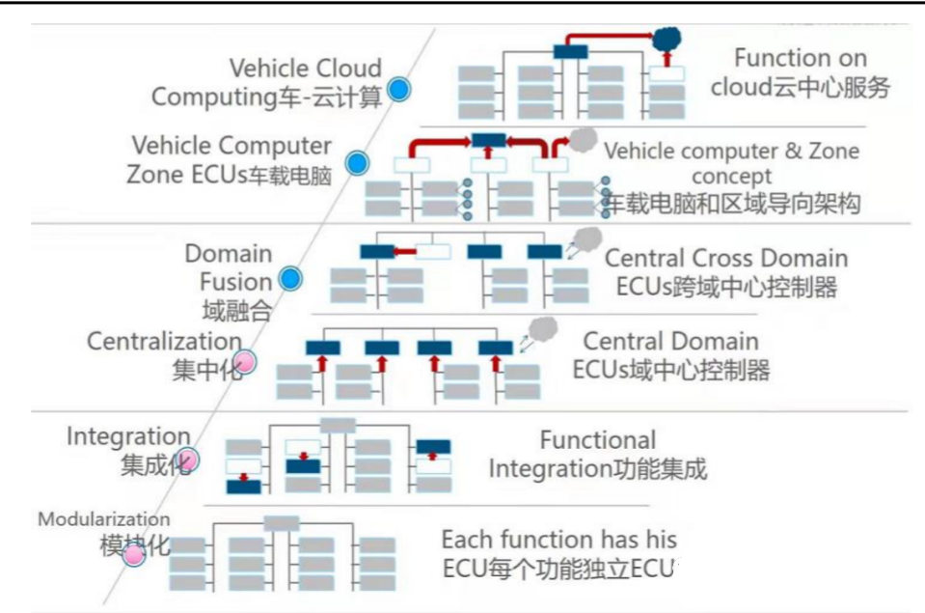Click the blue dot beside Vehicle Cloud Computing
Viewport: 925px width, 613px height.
coord(399,90)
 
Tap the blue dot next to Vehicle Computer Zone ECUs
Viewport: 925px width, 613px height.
coord(357,163)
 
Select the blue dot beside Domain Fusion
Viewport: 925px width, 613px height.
coord(290,279)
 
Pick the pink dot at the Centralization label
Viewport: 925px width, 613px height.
coord(244,361)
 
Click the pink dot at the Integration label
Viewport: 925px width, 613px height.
coord(187,460)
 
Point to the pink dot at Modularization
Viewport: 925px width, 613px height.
coord(134,554)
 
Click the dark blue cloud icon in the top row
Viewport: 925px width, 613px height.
coord(667,40)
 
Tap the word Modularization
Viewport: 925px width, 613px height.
coord(104,519)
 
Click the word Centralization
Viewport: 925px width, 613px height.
coord(165,341)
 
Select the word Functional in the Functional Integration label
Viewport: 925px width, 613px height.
coord(598,440)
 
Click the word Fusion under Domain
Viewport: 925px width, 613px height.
coord(236,282)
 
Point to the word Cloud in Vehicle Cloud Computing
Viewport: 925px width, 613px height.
coord(347,68)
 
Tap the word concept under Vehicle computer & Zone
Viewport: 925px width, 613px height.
coord(731,176)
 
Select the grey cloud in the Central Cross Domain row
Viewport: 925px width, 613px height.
coord(587,239)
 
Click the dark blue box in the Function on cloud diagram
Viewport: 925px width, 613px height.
coord(570,52)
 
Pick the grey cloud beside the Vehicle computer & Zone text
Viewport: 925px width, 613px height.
coord(583,140)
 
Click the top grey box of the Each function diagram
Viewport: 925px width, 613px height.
coord(282,523)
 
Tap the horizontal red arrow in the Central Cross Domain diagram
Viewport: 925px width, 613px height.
coord(405,252)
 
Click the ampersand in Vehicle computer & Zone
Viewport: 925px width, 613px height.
coord(794,152)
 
